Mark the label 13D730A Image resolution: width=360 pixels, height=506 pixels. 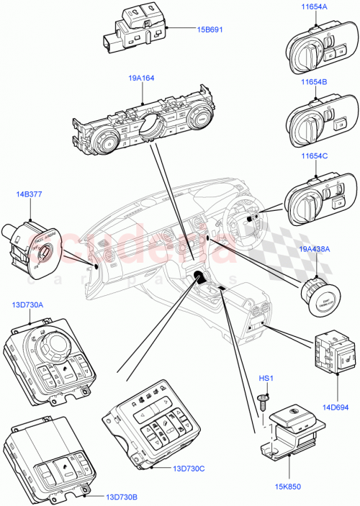click(27, 305)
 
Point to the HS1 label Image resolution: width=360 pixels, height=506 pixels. click(267, 379)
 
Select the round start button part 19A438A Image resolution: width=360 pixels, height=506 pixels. click(318, 294)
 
